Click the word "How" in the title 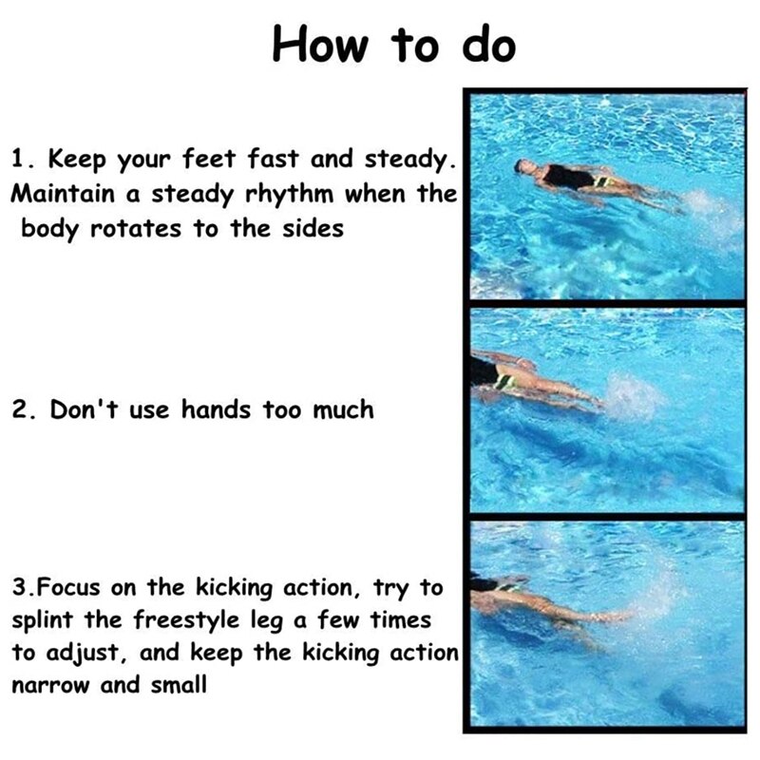320,44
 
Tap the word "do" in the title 488,44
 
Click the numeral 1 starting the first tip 18,158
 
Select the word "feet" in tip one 209,158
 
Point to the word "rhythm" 290,194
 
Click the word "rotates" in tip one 136,228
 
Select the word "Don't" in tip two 84,409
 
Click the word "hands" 217,409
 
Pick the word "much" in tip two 343,410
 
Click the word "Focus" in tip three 68,587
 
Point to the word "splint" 43,620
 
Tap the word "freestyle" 186,621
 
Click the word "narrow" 51,685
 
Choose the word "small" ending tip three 179,684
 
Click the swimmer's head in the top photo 524,167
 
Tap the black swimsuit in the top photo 568,178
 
